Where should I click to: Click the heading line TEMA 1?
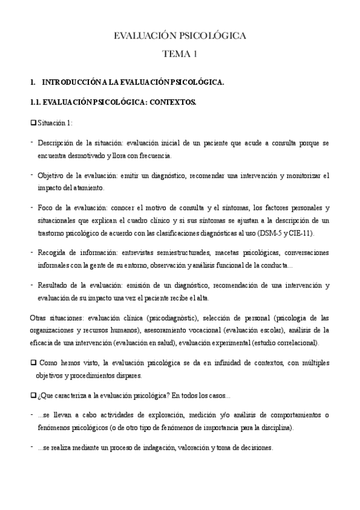point(180,55)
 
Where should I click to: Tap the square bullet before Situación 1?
point(32,123)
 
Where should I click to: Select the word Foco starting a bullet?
point(46,207)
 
